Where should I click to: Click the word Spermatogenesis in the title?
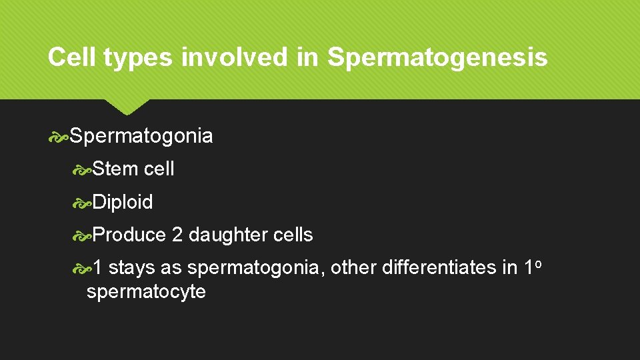437,58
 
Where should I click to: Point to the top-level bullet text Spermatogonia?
141,137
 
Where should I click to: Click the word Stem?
116,169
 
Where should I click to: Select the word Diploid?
123,202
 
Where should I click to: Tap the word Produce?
129,235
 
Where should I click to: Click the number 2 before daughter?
177,235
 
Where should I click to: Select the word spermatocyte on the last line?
146,292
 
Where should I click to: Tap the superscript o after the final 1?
537,263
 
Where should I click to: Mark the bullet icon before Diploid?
82,203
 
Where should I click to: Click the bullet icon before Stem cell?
82,170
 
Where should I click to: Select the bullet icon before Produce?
82,235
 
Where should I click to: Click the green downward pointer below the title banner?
127,106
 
